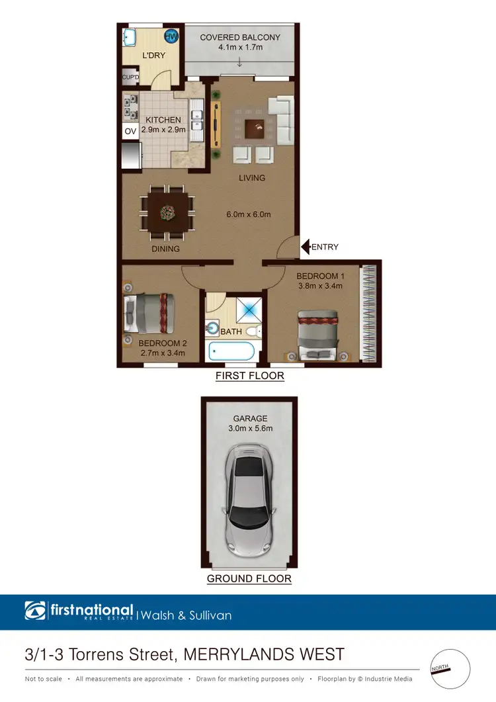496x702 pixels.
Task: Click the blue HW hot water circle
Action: click(x=170, y=36)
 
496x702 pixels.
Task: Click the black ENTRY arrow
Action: click(x=306, y=247)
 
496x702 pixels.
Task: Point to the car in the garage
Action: click(x=249, y=499)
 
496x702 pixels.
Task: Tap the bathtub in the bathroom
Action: click(x=231, y=350)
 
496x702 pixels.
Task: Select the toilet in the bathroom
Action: click(x=254, y=331)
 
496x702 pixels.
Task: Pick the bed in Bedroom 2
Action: click(x=151, y=313)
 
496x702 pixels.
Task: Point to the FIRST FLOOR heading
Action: click(x=250, y=376)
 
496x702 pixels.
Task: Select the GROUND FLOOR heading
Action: click(x=249, y=578)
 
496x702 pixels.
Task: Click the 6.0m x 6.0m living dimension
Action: click(x=249, y=214)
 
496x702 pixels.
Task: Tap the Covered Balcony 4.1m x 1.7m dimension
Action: click(x=240, y=48)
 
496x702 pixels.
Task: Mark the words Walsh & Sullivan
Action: click(x=186, y=615)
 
